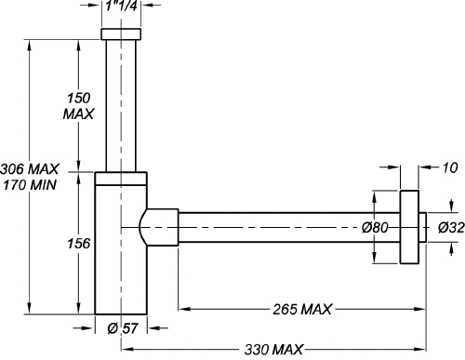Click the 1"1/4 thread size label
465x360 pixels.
click(x=121, y=6)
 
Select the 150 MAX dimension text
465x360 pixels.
click(x=78, y=106)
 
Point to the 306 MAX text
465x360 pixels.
click(x=30, y=169)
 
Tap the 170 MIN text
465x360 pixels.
click(x=30, y=185)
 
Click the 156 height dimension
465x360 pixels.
click(x=79, y=244)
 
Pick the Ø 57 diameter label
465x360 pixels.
click(x=122, y=328)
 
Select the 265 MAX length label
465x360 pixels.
click(x=302, y=309)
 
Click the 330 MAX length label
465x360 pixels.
click(x=273, y=350)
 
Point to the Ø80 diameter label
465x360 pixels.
click(x=375, y=228)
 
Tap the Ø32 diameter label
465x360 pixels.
click(x=451, y=228)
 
